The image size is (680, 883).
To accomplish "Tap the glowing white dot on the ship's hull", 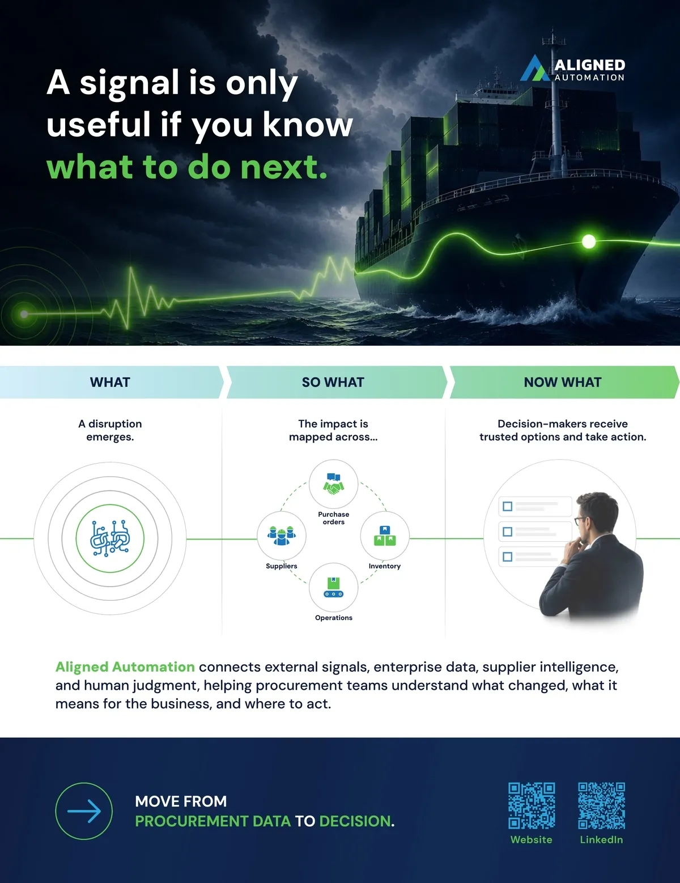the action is (589, 241).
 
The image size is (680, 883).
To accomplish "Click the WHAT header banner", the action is (111, 382).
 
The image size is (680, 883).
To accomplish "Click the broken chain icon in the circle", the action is (110, 538).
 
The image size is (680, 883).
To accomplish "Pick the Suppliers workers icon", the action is (281, 535).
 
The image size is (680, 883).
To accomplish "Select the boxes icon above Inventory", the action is (385, 536).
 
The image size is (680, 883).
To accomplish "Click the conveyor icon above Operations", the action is (334, 587).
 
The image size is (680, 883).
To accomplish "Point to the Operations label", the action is (334, 618).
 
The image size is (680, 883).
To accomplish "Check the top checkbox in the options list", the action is (507, 506).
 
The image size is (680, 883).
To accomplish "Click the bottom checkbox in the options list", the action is (507, 557).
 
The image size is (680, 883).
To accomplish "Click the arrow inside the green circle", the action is (84, 811).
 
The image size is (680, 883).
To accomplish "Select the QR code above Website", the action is (532, 806).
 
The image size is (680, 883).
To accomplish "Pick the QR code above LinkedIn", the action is (602, 806).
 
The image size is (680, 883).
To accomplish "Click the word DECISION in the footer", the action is (355, 821).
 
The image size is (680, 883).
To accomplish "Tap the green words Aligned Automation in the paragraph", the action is (125, 667).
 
